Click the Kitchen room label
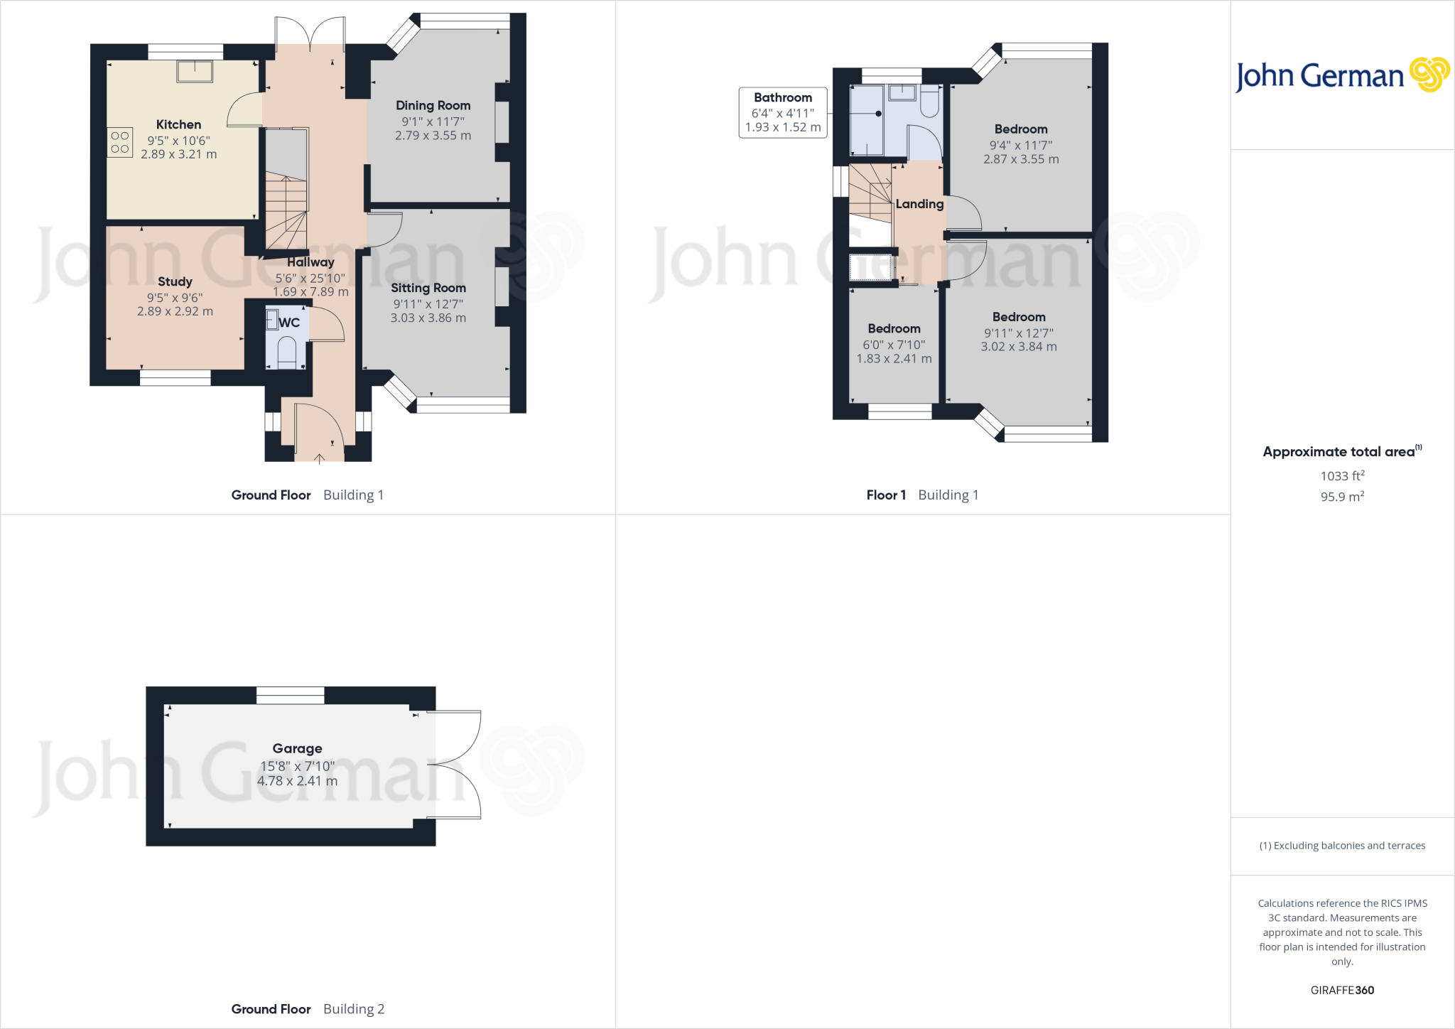pos(178,124)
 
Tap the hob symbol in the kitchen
pos(120,142)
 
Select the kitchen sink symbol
pos(195,71)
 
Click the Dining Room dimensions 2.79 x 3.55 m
pos(433,136)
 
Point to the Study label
pos(175,281)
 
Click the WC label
pos(289,323)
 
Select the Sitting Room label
pos(428,288)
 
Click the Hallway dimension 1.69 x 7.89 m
pos(310,292)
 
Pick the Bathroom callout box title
pos(782,97)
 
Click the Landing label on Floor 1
pos(919,204)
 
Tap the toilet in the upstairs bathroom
pos(930,103)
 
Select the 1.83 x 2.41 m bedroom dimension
pos(894,359)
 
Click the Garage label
pos(297,748)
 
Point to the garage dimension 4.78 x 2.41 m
pos(297,781)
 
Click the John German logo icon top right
pos(1429,75)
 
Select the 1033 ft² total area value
pos(1342,476)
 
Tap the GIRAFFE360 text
pos(1342,990)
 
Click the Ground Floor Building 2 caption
pos(308,1009)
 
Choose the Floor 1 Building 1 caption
pos(922,495)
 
